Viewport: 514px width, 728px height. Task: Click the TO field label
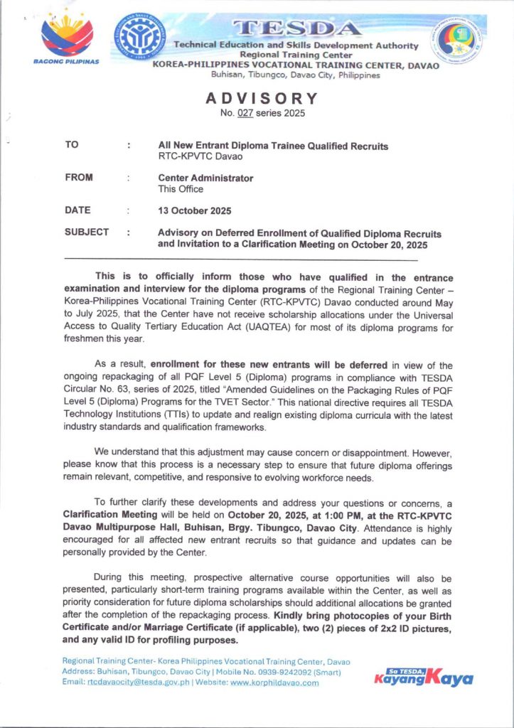point(72,145)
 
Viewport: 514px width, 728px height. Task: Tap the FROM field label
point(78,178)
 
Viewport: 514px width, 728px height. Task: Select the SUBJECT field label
point(87,232)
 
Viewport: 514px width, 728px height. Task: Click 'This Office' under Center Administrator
point(181,189)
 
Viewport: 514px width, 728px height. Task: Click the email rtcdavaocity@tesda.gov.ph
point(149,682)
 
